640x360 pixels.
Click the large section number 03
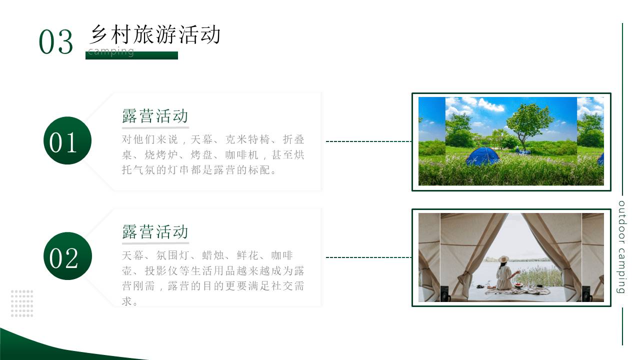[56, 42]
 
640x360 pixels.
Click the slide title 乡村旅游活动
[155, 35]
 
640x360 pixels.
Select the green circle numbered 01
[67, 140]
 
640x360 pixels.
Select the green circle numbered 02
[67, 256]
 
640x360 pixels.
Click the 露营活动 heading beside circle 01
[155, 116]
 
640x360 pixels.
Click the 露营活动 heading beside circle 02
[155, 232]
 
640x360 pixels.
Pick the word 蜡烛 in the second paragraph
[213, 255]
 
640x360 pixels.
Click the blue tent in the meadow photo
[482, 156]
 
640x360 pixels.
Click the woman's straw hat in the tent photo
[503, 259]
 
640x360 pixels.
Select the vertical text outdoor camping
[621, 247]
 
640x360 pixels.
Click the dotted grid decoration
[22, 303]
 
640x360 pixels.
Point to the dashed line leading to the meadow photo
[368, 141]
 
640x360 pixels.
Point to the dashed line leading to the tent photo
[368, 257]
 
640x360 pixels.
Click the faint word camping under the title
[111, 51]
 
